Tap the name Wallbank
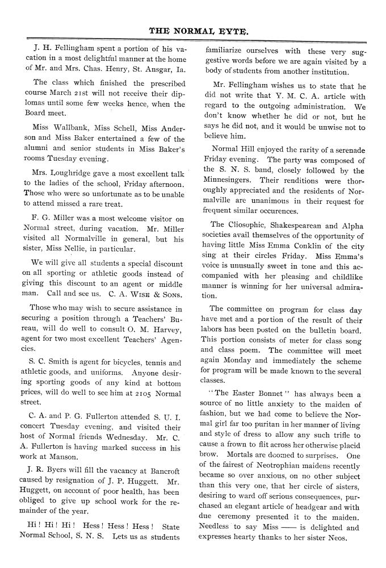[70, 127]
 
